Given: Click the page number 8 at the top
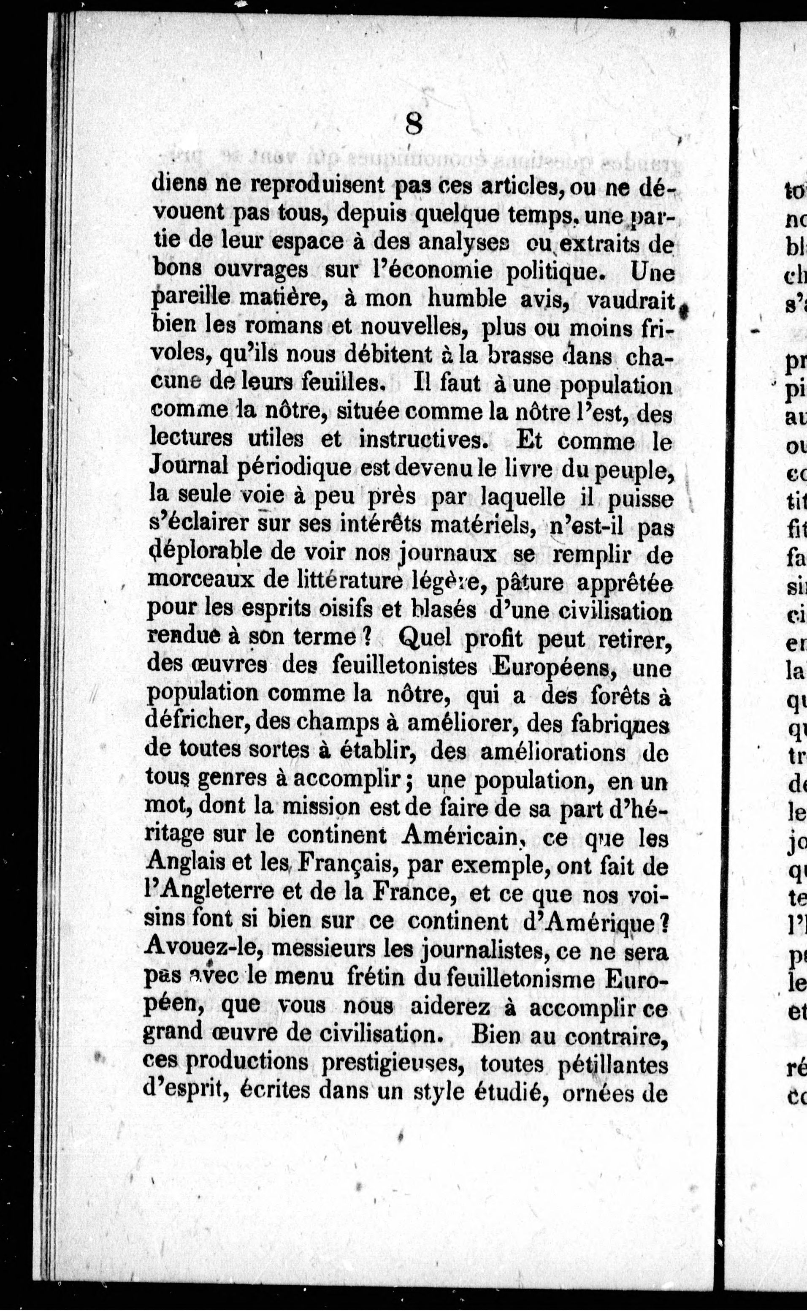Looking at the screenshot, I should point(414,125).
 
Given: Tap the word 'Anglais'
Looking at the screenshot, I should point(183,866).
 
